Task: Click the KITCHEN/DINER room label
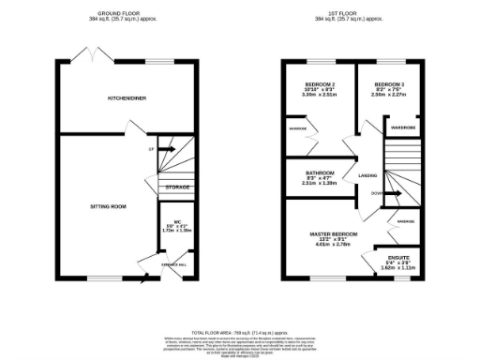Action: tap(127, 97)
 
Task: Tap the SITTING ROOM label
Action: tap(108, 205)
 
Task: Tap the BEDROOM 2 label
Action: tap(321, 84)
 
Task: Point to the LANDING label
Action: tap(367, 175)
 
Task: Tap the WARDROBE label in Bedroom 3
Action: tap(403, 127)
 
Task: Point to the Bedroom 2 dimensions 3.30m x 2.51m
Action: tap(321, 95)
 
